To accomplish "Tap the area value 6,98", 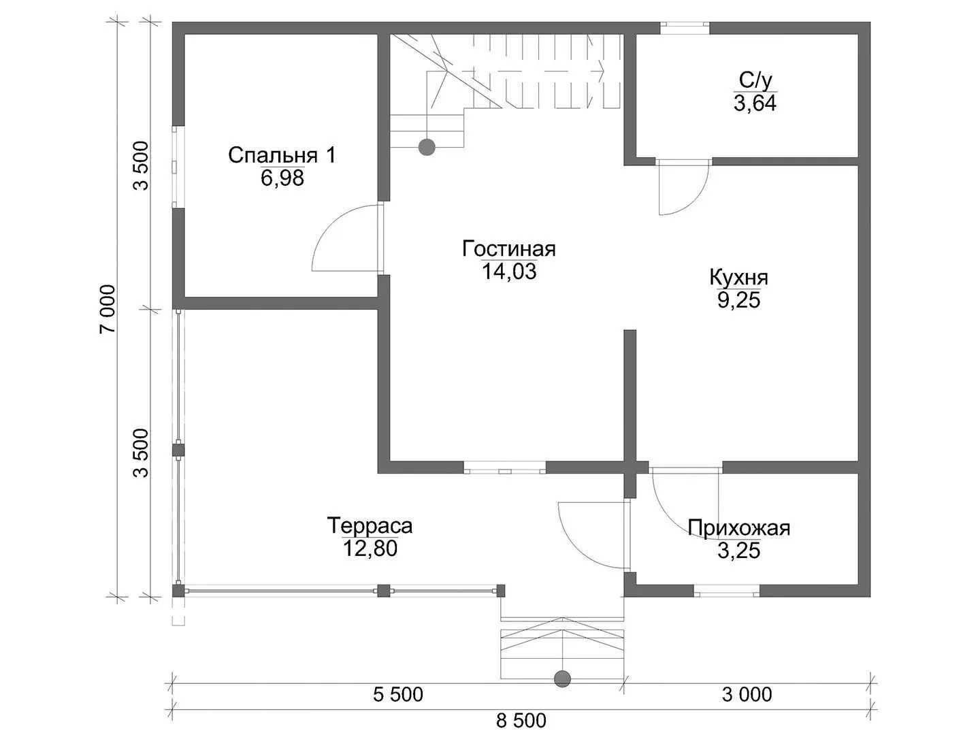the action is pos(282,178).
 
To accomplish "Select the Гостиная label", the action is pos(508,249).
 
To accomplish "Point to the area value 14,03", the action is pos(509,272).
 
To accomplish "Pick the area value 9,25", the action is pos(739,300).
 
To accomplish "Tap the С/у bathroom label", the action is pos(755,80).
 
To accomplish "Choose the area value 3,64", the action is pos(755,103).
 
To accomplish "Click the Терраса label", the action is pos(370,525).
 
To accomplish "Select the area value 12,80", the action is pos(370,549).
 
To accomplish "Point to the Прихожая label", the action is pos(739,528).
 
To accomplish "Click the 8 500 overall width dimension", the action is pos(521,720).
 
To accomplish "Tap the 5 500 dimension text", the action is pos(398,695).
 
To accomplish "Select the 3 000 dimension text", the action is pos(747,695).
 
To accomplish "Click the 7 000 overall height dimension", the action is pos(108,309).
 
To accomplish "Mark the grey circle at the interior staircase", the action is pos(427,147).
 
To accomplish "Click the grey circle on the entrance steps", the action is pos(562,679).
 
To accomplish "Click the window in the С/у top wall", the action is pos(685,28).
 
